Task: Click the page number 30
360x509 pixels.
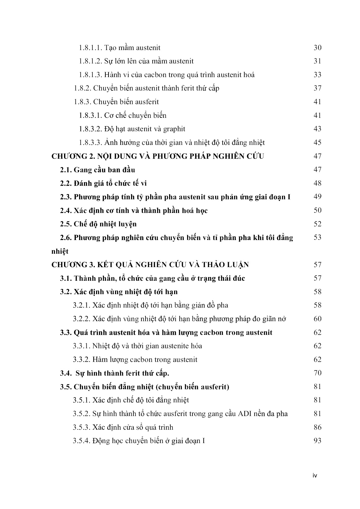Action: click(317, 48)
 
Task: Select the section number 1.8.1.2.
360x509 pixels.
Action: click(90, 61)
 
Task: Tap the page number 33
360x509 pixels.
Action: click(317, 75)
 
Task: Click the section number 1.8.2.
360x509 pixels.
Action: click(82, 88)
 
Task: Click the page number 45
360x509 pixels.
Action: click(317, 143)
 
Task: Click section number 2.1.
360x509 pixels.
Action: click(66, 170)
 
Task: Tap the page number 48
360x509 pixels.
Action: click(317, 183)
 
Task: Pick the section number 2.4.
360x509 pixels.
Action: click(66, 211)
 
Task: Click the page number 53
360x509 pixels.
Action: click(317, 238)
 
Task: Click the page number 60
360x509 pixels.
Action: click(317, 319)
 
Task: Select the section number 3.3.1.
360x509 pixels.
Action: click(81, 346)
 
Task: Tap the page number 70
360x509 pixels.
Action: click(317, 373)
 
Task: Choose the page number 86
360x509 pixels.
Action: click(317, 427)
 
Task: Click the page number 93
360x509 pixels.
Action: click(317, 441)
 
